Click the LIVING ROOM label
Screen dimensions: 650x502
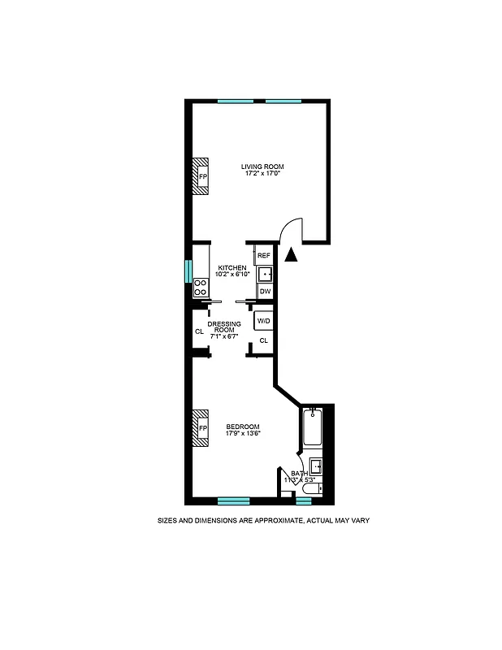(x=262, y=167)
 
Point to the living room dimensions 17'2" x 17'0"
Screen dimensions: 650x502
(x=262, y=174)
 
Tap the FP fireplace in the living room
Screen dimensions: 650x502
(x=201, y=175)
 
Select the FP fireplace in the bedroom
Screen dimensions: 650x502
(x=201, y=428)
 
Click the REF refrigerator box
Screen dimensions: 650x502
(x=263, y=256)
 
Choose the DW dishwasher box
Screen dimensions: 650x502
(x=265, y=291)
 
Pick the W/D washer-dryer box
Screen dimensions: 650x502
(x=263, y=322)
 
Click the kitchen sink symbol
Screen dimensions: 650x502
(x=265, y=274)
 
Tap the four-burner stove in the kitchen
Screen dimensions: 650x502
(x=200, y=287)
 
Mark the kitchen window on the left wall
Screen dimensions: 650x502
(x=188, y=269)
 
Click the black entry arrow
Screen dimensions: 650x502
(x=292, y=255)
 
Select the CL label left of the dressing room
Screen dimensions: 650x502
(x=198, y=331)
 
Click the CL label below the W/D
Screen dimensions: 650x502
(x=263, y=340)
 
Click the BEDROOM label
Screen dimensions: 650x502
(x=242, y=427)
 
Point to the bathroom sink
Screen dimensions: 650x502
(x=317, y=466)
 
